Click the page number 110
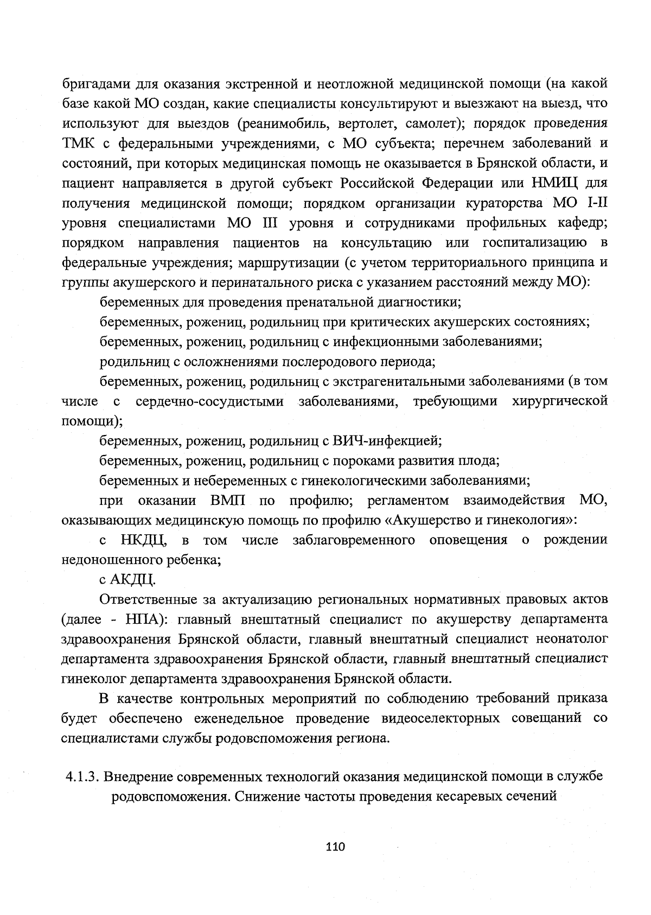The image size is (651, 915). tap(336, 847)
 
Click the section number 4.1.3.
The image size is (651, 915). tap(81, 777)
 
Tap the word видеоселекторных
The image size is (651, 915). tap(441, 719)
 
